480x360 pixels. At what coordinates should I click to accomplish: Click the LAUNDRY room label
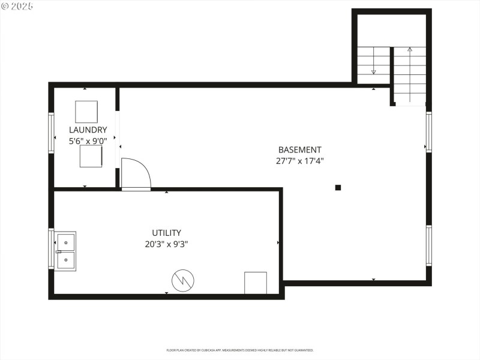[x=88, y=130]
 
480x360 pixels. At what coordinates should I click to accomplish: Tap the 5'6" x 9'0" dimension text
[x=88, y=141]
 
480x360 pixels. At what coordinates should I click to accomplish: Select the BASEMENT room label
[x=300, y=149]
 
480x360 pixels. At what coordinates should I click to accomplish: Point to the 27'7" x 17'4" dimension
[x=300, y=161]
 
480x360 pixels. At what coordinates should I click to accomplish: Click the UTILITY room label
[x=166, y=232]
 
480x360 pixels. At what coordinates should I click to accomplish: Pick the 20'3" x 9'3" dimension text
[x=166, y=244]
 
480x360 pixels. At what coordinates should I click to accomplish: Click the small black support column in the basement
[x=338, y=187]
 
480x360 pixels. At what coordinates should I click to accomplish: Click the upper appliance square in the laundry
[x=86, y=112]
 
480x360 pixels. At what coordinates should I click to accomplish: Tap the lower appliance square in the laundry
[x=91, y=157]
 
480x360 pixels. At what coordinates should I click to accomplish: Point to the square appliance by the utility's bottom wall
[x=256, y=283]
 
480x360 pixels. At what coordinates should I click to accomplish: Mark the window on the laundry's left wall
[x=52, y=133]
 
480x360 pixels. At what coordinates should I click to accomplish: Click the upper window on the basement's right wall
[x=428, y=132]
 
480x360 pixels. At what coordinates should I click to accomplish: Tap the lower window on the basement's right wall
[x=428, y=245]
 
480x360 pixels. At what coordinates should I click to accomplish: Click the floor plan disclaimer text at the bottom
[x=240, y=350]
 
